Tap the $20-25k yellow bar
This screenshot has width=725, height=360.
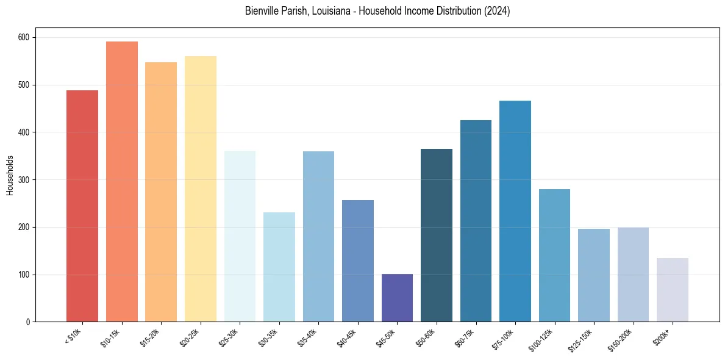(x=201, y=189)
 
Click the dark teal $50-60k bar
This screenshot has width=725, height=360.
(x=437, y=236)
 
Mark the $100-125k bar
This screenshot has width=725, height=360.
(x=554, y=256)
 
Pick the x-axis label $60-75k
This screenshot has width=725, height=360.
(x=464, y=337)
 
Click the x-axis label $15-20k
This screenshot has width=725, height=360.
(x=149, y=337)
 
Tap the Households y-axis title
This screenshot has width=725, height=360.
(x=10, y=175)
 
